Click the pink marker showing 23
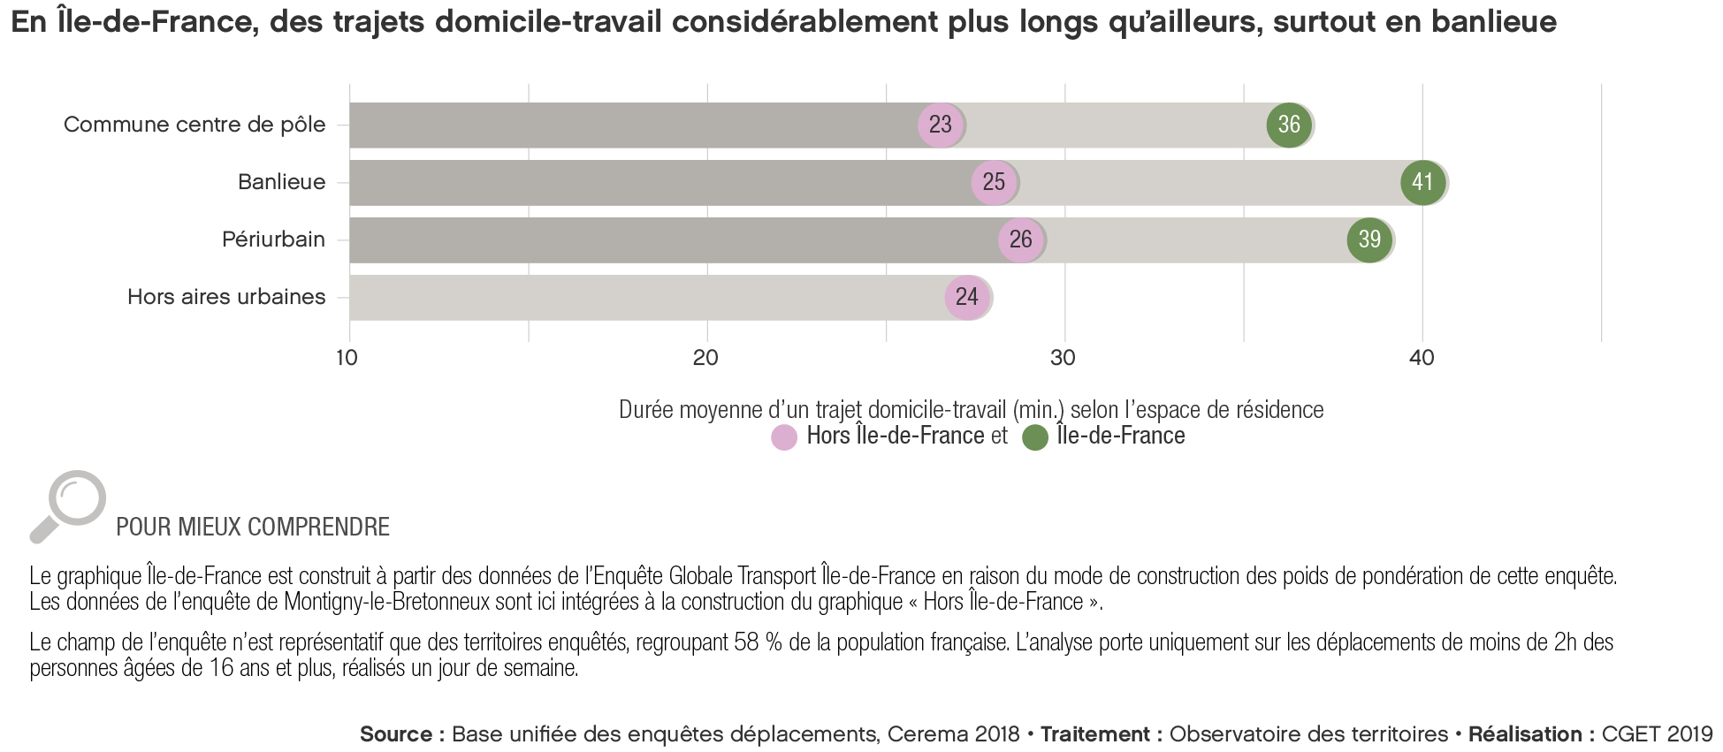pyautogui.click(x=941, y=125)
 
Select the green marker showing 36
pyautogui.click(x=1289, y=125)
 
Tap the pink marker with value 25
pyautogui.click(x=994, y=182)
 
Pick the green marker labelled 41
pyautogui.click(x=1422, y=182)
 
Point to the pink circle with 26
pyautogui.click(x=1020, y=239)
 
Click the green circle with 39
pyautogui.click(x=1369, y=239)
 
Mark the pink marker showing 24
pyautogui.click(x=967, y=297)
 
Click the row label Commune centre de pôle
pyautogui.click(x=194, y=125)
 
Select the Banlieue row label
pyautogui.click(x=281, y=182)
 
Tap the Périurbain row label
pyautogui.click(x=273, y=239)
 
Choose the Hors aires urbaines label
pyautogui.click(x=226, y=297)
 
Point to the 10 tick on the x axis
pyautogui.click(x=347, y=358)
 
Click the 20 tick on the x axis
pyautogui.click(x=705, y=358)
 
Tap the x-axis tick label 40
pyautogui.click(x=1422, y=358)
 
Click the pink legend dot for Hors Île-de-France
pyautogui.click(x=784, y=437)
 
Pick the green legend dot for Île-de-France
pyautogui.click(x=1034, y=437)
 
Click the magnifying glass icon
pyautogui.click(x=69, y=505)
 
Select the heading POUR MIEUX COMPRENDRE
pyautogui.click(x=253, y=528)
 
